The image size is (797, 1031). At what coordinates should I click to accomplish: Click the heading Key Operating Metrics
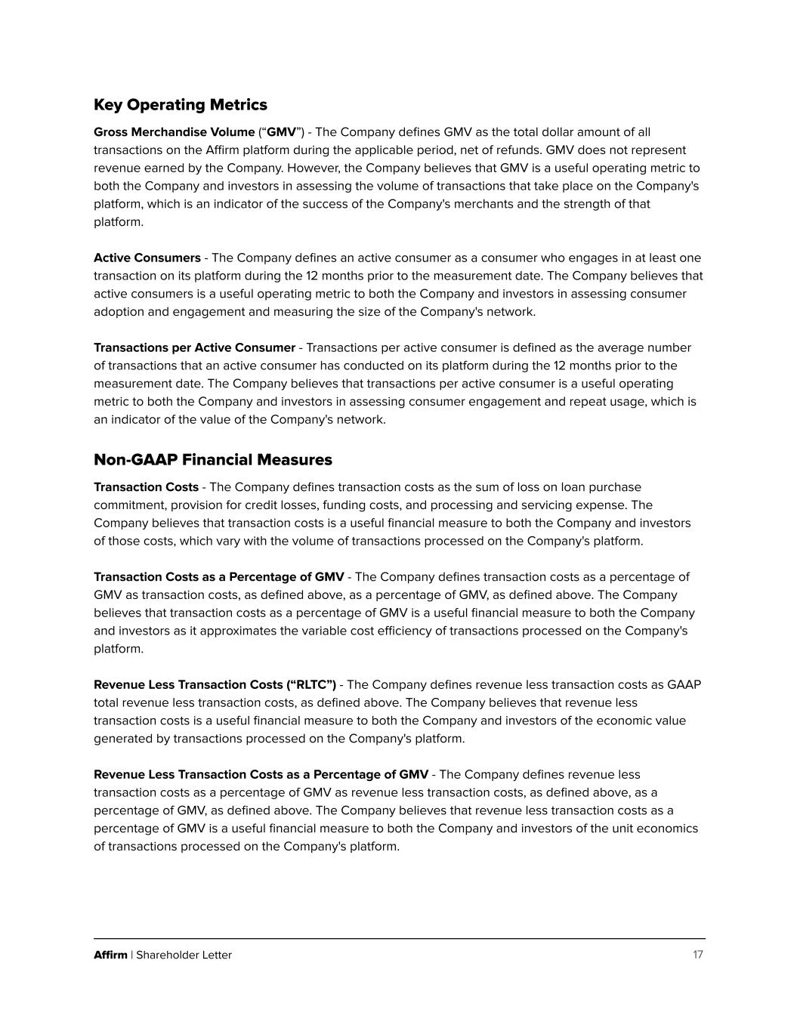180,105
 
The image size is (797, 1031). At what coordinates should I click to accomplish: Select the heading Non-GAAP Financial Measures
212,460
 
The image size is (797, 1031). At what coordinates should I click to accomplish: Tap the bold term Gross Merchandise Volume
174,132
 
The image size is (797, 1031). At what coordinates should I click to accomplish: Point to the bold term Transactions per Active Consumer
194,348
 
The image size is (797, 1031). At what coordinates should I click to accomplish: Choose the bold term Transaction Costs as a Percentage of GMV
218,577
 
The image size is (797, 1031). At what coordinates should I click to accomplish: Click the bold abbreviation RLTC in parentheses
310,685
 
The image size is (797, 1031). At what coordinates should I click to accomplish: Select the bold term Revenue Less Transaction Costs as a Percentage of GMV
261,775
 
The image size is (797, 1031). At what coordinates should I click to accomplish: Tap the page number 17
697,955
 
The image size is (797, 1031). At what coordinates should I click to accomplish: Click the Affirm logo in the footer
110,955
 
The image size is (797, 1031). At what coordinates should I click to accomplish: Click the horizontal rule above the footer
399,939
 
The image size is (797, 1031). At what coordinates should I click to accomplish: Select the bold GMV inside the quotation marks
281,132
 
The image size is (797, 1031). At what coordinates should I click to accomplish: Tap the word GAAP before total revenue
684,685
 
